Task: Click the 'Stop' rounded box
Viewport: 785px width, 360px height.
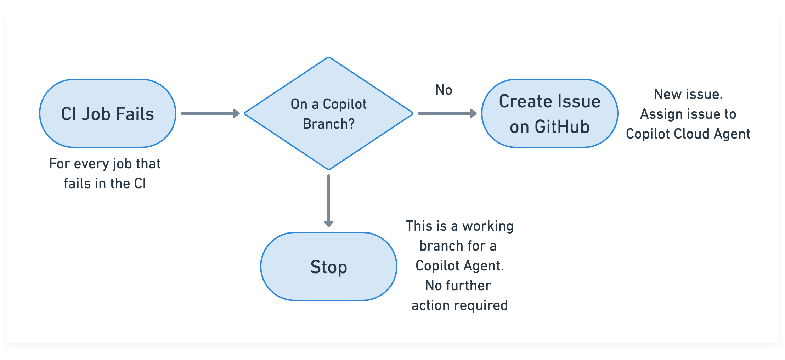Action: (x=328, y=267)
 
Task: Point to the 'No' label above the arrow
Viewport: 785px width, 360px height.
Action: (x=444, y=90)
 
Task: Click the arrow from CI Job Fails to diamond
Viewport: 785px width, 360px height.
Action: (x=210, y=113)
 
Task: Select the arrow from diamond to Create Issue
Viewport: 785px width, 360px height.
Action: (x=447, y=113)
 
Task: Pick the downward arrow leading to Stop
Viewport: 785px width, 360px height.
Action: (x=329, y=201)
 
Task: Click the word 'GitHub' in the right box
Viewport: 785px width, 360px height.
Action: (x=562, y=127)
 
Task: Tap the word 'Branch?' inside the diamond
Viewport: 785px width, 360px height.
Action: (x=328, y=124)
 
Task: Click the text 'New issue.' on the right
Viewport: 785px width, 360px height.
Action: (x=688, y=94)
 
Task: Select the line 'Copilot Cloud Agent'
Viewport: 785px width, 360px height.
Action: (x=688, y=134)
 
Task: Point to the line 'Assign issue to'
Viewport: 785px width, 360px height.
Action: (x=688, y=114)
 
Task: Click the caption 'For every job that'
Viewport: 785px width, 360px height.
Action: (x=105, y=164)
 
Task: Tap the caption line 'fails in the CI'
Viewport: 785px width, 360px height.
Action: (x=105, y=184)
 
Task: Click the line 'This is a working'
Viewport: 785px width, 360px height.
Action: (x=459, y=226)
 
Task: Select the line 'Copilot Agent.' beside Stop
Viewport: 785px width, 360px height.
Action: (x=459, y=266)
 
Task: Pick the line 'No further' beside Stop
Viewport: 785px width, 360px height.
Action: (x=458, y=286)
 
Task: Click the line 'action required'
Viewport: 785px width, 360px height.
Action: (x=459, y=305)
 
